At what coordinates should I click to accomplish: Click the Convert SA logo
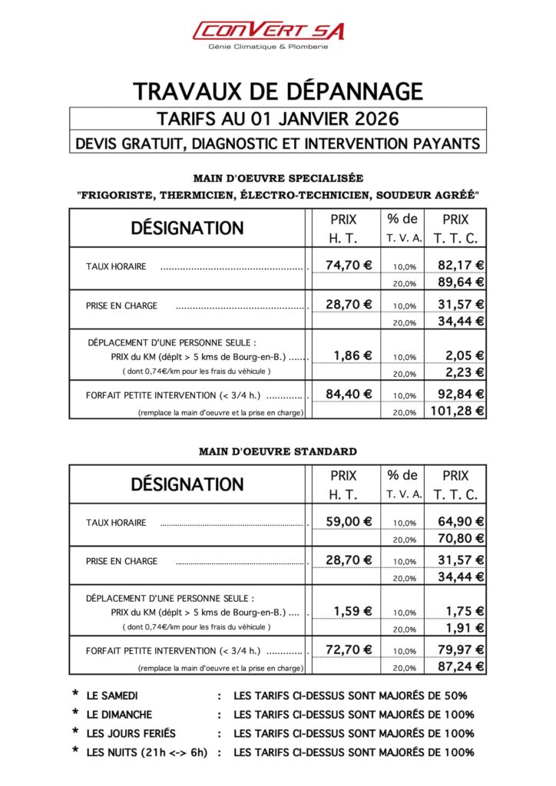268,30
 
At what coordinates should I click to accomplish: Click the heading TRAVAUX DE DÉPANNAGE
278,91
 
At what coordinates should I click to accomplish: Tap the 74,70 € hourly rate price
349,266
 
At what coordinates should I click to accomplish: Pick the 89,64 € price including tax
461,282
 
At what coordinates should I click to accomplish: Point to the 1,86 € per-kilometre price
352,355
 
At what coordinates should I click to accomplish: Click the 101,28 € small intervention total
456,411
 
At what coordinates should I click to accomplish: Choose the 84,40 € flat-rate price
349,394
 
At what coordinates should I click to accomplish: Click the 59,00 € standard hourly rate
349,521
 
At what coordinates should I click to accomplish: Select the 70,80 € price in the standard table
461,538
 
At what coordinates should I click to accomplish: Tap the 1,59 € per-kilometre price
352,611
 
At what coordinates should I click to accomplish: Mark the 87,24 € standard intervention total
461,666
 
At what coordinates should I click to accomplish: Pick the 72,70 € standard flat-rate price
349,649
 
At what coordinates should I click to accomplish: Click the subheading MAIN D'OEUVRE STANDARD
277,451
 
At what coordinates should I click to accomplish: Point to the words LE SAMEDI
112,696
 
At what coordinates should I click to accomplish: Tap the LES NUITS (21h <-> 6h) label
147,752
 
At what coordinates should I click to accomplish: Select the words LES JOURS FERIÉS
131,733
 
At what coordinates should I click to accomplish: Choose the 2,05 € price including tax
465,355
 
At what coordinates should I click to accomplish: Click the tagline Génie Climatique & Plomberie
268,47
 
